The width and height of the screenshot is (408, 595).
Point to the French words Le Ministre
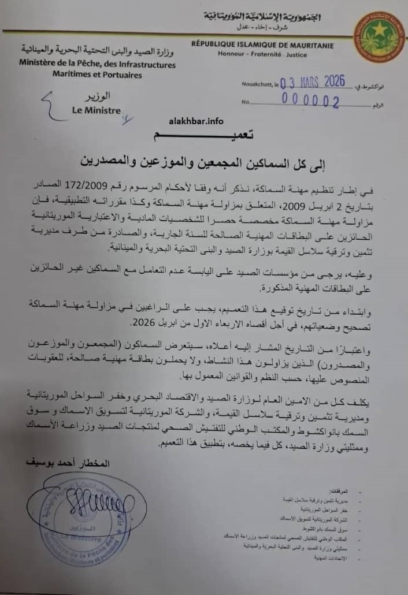pos(96,110)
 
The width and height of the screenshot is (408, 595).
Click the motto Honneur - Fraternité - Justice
pos(263,54)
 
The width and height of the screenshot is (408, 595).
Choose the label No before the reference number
pos(246,102)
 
